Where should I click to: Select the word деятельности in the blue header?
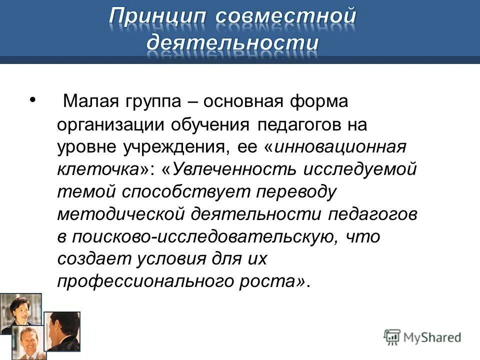[232, 43]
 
